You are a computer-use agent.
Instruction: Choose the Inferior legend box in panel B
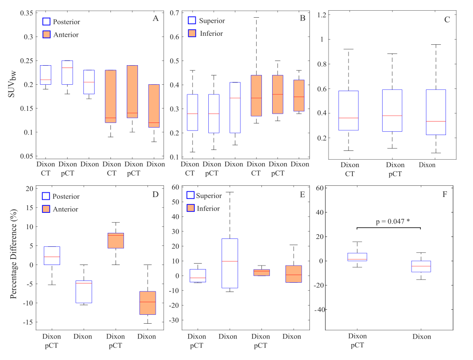(x=192, y=34)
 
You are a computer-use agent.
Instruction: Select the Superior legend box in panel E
(x=192, y=195)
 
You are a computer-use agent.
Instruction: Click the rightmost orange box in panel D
(x=148, y=303)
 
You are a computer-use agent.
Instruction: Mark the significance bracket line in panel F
(x=389, y=227)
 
